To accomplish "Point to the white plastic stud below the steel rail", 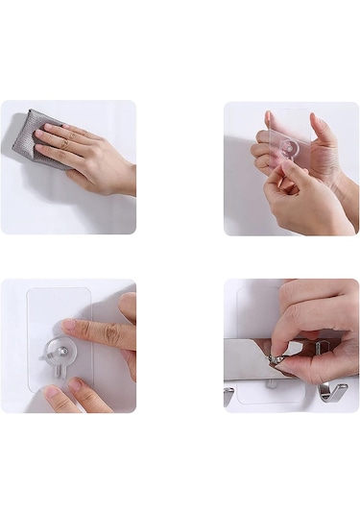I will click(273, 383).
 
